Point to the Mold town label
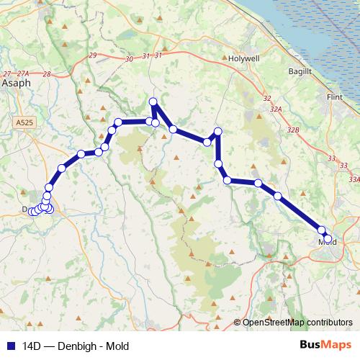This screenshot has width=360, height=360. pos(328,243)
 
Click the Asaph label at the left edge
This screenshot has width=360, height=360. pos(16,84)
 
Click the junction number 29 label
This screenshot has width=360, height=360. pos(91,55)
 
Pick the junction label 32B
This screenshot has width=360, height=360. pos(292,130)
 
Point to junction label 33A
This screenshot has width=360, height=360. pos(354,179)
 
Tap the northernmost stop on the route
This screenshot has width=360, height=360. pos(153,102)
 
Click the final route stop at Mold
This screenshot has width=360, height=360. pos(328,238)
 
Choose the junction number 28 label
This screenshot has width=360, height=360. pos(47,74)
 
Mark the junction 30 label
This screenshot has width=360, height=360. pos(129,59)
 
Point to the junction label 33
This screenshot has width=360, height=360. pos(331,158)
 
